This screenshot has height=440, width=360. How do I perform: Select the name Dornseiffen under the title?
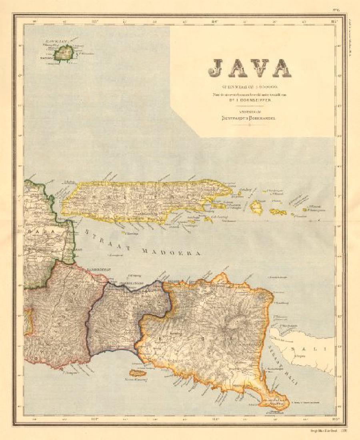[x=256, y=102]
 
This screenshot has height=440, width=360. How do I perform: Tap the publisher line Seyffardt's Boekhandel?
[x=249, y=118]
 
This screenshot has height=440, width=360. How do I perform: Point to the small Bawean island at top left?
[x=63, y=53]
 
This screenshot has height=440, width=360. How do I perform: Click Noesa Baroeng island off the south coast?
[x=137, y=373]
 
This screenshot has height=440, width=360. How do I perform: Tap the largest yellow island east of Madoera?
[x=256, y=208]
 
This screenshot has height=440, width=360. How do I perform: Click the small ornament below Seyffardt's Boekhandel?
[x=249, y=124]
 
